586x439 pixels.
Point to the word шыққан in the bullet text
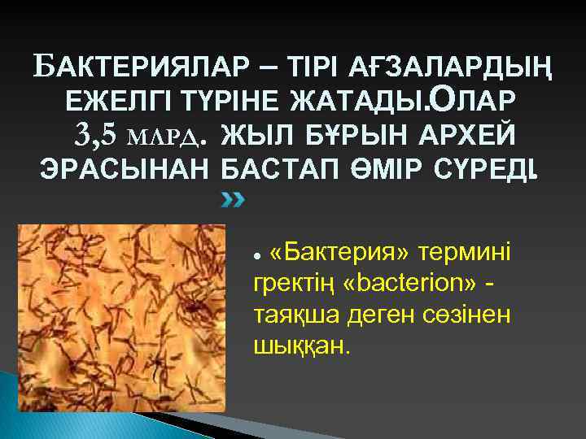tap(302, 347)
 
